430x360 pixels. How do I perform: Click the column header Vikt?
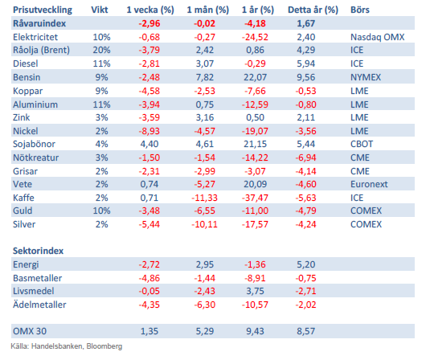click(100, 10)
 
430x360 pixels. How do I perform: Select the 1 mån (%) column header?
click(207, 10)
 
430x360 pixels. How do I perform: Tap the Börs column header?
click(360, 10)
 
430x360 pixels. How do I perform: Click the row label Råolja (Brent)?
click(41, 50)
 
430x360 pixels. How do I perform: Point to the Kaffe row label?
click(23, 198)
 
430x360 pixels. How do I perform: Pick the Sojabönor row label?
click(34, 144)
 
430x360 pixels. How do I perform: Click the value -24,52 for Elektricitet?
click(255, 37)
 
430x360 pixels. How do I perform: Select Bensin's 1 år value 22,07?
click(255, 77)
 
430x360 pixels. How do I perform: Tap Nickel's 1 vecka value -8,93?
click(149, 131)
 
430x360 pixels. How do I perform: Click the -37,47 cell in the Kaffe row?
click(255, 198)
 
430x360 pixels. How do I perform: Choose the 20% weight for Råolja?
click(101, 50)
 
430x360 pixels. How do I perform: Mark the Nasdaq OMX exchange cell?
click(377, 37)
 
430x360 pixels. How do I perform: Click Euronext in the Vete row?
click(369, 184)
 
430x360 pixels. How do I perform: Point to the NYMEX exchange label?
click(366, 77)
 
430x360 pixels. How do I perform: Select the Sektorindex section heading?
click(38, 251)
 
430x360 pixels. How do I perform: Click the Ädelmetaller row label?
click(39, 305)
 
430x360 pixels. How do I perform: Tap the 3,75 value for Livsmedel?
click(255, 291)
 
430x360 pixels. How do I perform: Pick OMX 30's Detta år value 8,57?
click(305, 331)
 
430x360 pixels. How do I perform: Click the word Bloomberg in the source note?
click(104, 346)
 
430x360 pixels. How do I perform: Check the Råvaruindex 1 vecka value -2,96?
click(149, 23)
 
